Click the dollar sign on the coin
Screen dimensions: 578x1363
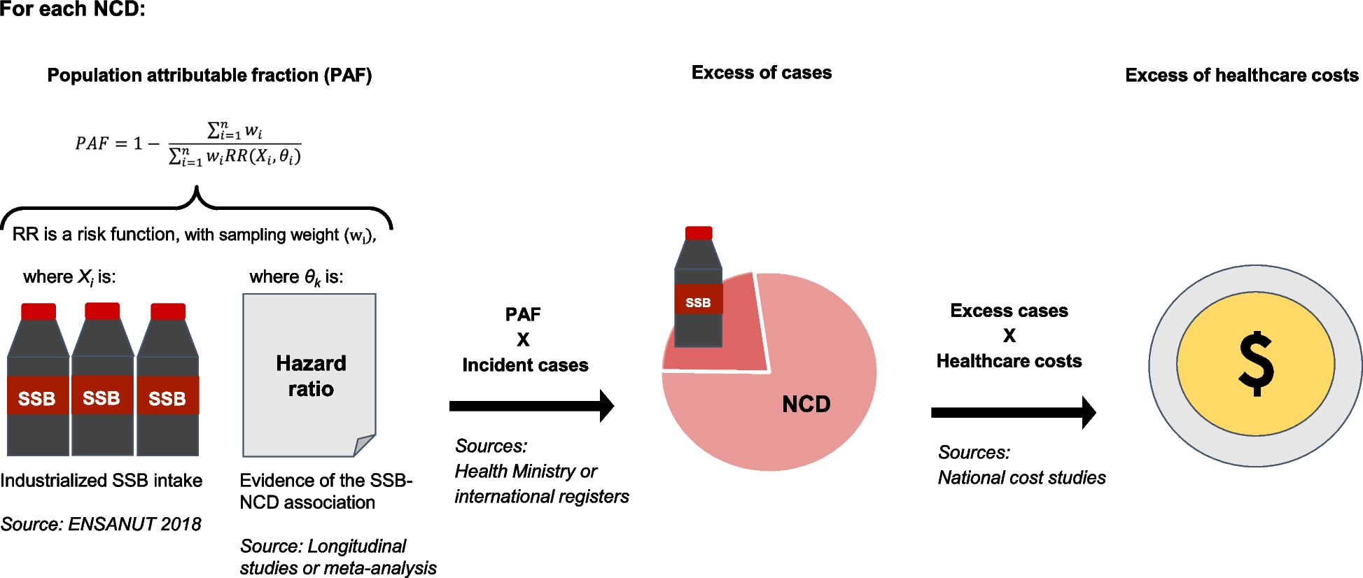pos(1255,364)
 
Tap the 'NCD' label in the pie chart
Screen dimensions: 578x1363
pos(806,404)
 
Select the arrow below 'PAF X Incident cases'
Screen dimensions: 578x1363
pos(531,406)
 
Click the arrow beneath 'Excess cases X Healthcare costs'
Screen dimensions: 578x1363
pos(1013,413)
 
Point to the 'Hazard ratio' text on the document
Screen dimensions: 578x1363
pos(311,376)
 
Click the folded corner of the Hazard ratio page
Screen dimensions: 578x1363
pos(363,445)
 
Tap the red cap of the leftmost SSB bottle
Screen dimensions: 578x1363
pos(39,311)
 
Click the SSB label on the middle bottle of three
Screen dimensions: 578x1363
pos(102,398)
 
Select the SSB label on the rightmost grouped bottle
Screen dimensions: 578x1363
pos(167,399)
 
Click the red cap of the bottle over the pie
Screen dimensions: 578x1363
pos(699,233)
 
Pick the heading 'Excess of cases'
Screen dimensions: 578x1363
pos(761,73)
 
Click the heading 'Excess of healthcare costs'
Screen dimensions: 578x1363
pos(1241,76)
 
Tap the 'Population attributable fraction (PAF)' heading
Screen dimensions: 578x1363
pos(209,76)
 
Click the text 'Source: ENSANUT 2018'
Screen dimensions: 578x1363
pos(101,524)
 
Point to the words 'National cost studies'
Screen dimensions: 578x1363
pos(1021,478)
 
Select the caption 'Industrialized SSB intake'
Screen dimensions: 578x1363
pos(102,481)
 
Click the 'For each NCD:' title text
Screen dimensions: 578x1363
pos(73,9)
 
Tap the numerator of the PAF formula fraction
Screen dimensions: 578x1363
pos(235,130)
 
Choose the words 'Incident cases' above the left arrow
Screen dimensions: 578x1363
pos(525,365)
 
